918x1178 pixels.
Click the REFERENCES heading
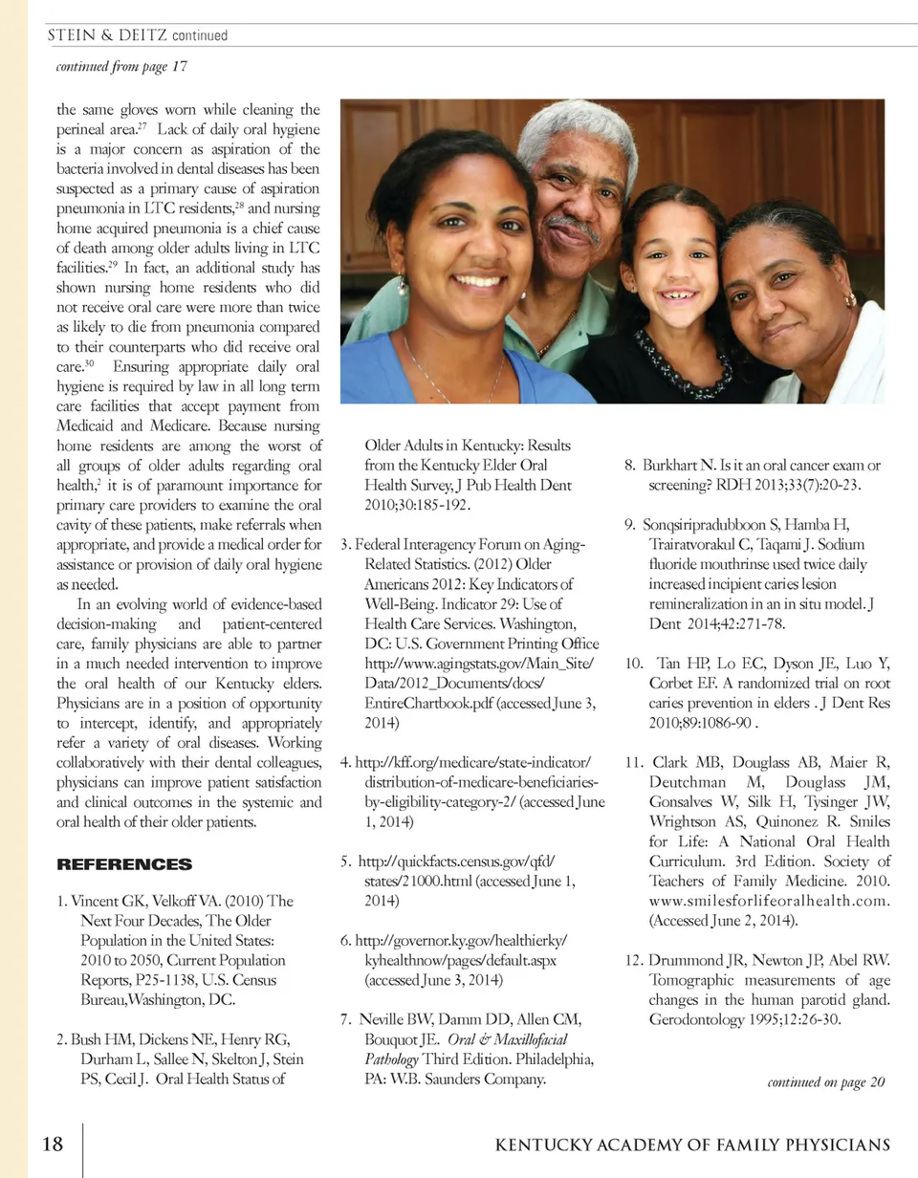point(124,864)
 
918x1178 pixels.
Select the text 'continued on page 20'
point(825,1082)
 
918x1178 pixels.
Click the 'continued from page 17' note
point(121,66)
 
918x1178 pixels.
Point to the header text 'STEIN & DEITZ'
point(106,35)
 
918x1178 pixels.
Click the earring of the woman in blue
point(402,285)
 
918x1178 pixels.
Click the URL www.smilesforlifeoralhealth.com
point(770,901)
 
